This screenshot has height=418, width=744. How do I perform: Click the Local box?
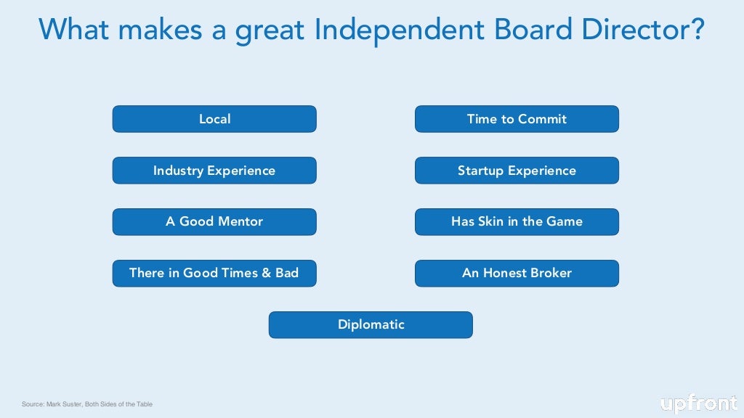click(214, 119)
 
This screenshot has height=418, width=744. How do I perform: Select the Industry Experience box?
click(214, 171)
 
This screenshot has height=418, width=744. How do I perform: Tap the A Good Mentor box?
click(214, 222)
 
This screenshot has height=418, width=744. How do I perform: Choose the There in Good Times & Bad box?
click(214, 274)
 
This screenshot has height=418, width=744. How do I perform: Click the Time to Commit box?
click(517, 119)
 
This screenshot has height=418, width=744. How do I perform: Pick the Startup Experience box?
click(517, 171)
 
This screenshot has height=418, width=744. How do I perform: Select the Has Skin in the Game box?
click(517, 222)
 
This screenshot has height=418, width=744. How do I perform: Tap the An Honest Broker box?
click(517, 274)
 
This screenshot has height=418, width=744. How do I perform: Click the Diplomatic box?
click(371, 325)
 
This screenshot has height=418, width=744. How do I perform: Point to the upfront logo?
click(698, 403)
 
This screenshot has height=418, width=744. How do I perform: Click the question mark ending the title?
click(696, 30)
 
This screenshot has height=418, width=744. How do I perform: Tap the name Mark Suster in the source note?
click(65, 404)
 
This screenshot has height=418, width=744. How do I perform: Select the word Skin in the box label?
click(491, 222)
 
